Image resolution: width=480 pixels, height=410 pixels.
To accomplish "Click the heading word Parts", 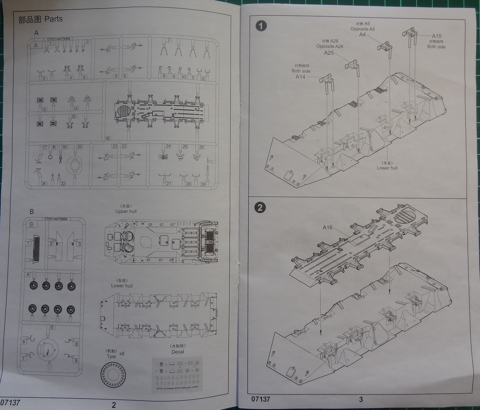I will coord(53,19).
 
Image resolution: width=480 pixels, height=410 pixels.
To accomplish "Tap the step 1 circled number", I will coord(261,26).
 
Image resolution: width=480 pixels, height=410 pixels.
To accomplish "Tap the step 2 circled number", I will coord(260,207).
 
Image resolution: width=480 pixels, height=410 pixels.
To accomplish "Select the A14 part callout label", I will coord(300,77).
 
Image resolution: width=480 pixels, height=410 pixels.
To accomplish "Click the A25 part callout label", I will coord(329,53).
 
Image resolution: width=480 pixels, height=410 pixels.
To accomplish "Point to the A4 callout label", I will coord(362,35).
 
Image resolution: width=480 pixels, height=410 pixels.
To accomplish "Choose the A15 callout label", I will coord(437,36).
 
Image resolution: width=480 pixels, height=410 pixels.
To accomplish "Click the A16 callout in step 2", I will coord(327,227).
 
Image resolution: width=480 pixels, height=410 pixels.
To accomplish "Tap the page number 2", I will coord(114,405).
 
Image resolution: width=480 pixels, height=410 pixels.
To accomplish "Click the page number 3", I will coord(361,399).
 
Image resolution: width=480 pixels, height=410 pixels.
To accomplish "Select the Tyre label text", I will coord(111,356).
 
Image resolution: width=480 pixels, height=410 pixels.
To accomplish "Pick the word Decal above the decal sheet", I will coord(178,352).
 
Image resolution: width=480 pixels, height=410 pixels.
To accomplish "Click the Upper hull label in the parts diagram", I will coord(126,211).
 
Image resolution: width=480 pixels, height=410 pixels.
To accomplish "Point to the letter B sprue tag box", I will coord(31,224).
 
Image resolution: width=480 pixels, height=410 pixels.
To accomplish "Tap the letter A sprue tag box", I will coord(36,45).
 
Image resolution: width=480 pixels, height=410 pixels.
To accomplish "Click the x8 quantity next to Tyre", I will coord(122,353).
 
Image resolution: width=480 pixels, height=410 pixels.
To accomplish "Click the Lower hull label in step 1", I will coord(387,168).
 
